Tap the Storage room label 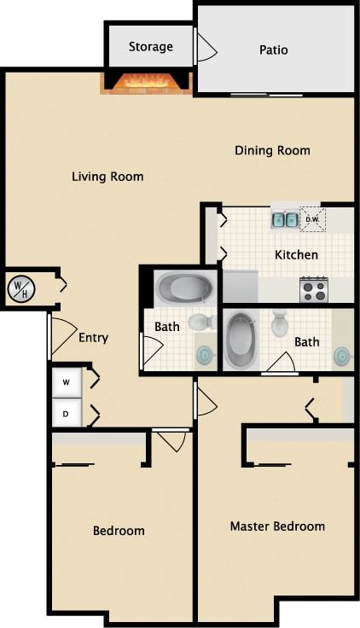pos(150,47)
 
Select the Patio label pos(273,50)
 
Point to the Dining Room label pos(272,151)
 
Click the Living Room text pos(107,177)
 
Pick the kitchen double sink pos(285,219)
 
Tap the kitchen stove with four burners pos(314,290)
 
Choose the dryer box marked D pos(66,413)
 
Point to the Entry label pos(93,338)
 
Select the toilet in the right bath pos(280,324)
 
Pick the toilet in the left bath pos(202,323)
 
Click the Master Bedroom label pos(277,526)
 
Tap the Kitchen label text pos(296,254)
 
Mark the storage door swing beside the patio pos(206,48)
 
